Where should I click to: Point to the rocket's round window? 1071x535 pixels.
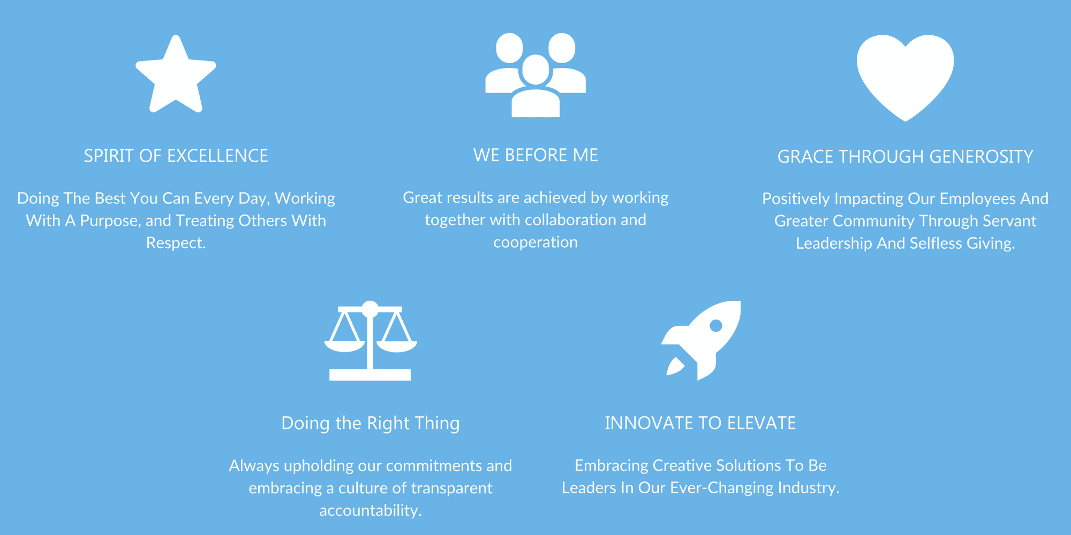(x=716, y=325)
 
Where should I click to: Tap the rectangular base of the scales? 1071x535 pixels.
(x=370, y=375)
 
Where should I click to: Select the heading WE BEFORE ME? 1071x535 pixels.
(x=535, y=155)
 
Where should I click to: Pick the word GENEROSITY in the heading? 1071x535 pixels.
(x=981, y=157)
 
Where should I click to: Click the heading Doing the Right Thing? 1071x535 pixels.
(x=371, y=423)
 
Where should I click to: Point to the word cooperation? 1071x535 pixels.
(x=535, y=243)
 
